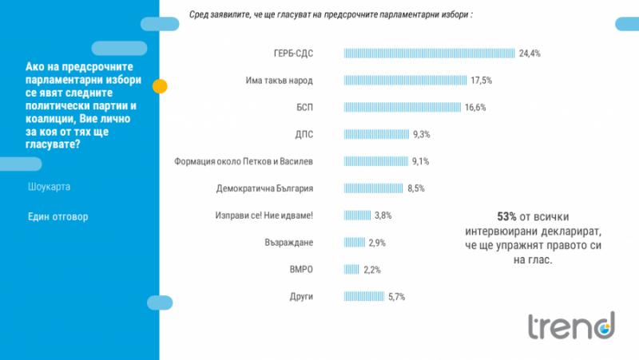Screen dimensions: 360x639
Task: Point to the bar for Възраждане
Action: click(x=354, y=242)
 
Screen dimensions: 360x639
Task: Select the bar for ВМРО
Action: click(x=351, y=269)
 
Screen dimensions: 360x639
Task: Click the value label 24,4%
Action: click(x=530, y=53)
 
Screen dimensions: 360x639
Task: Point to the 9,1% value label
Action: click(x=421, y=161)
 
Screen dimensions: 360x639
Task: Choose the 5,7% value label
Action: click(x=397, y=296)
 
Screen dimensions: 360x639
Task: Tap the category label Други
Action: click(x=301, y=296)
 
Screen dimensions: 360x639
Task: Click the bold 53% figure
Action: click(x=508, y=216)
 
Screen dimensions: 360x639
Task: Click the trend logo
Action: click(x=570, y=326)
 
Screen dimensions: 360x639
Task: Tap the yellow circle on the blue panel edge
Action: click(x=160, y=86)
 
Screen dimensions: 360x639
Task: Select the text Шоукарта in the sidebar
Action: click(x=50, y=187)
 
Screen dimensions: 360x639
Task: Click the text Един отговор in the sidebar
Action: click(x=58, y=216)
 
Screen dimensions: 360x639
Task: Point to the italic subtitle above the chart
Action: click(x=331, y=14)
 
